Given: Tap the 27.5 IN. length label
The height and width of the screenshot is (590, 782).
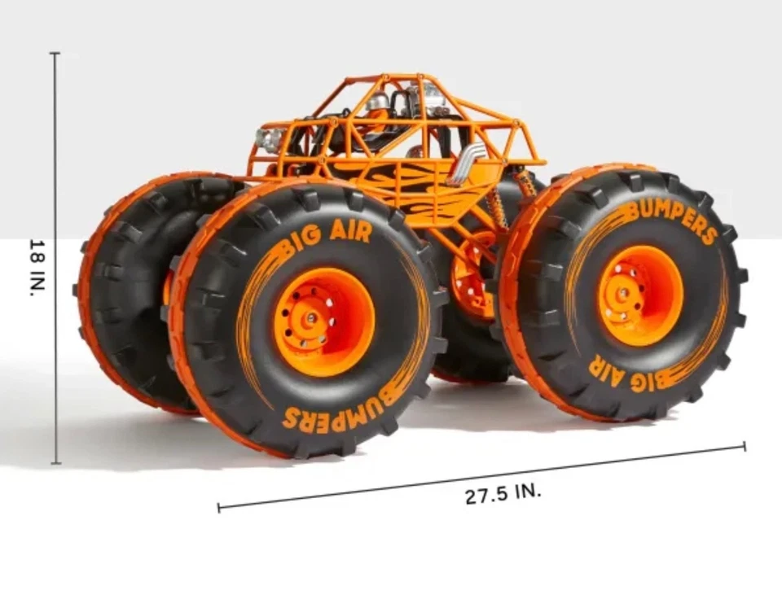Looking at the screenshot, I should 503,494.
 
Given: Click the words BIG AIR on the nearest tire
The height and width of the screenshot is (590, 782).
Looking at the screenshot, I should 326,236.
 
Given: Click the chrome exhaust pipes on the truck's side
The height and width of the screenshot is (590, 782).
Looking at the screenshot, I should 466,163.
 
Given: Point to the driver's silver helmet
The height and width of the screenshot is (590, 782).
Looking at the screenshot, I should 377,102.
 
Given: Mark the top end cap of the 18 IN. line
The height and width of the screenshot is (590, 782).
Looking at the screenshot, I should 55,54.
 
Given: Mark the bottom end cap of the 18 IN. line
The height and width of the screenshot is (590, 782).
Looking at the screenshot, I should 55,464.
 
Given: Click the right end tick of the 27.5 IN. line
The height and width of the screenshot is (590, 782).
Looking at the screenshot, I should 744,445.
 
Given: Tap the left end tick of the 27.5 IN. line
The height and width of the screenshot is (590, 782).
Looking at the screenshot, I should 218,508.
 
